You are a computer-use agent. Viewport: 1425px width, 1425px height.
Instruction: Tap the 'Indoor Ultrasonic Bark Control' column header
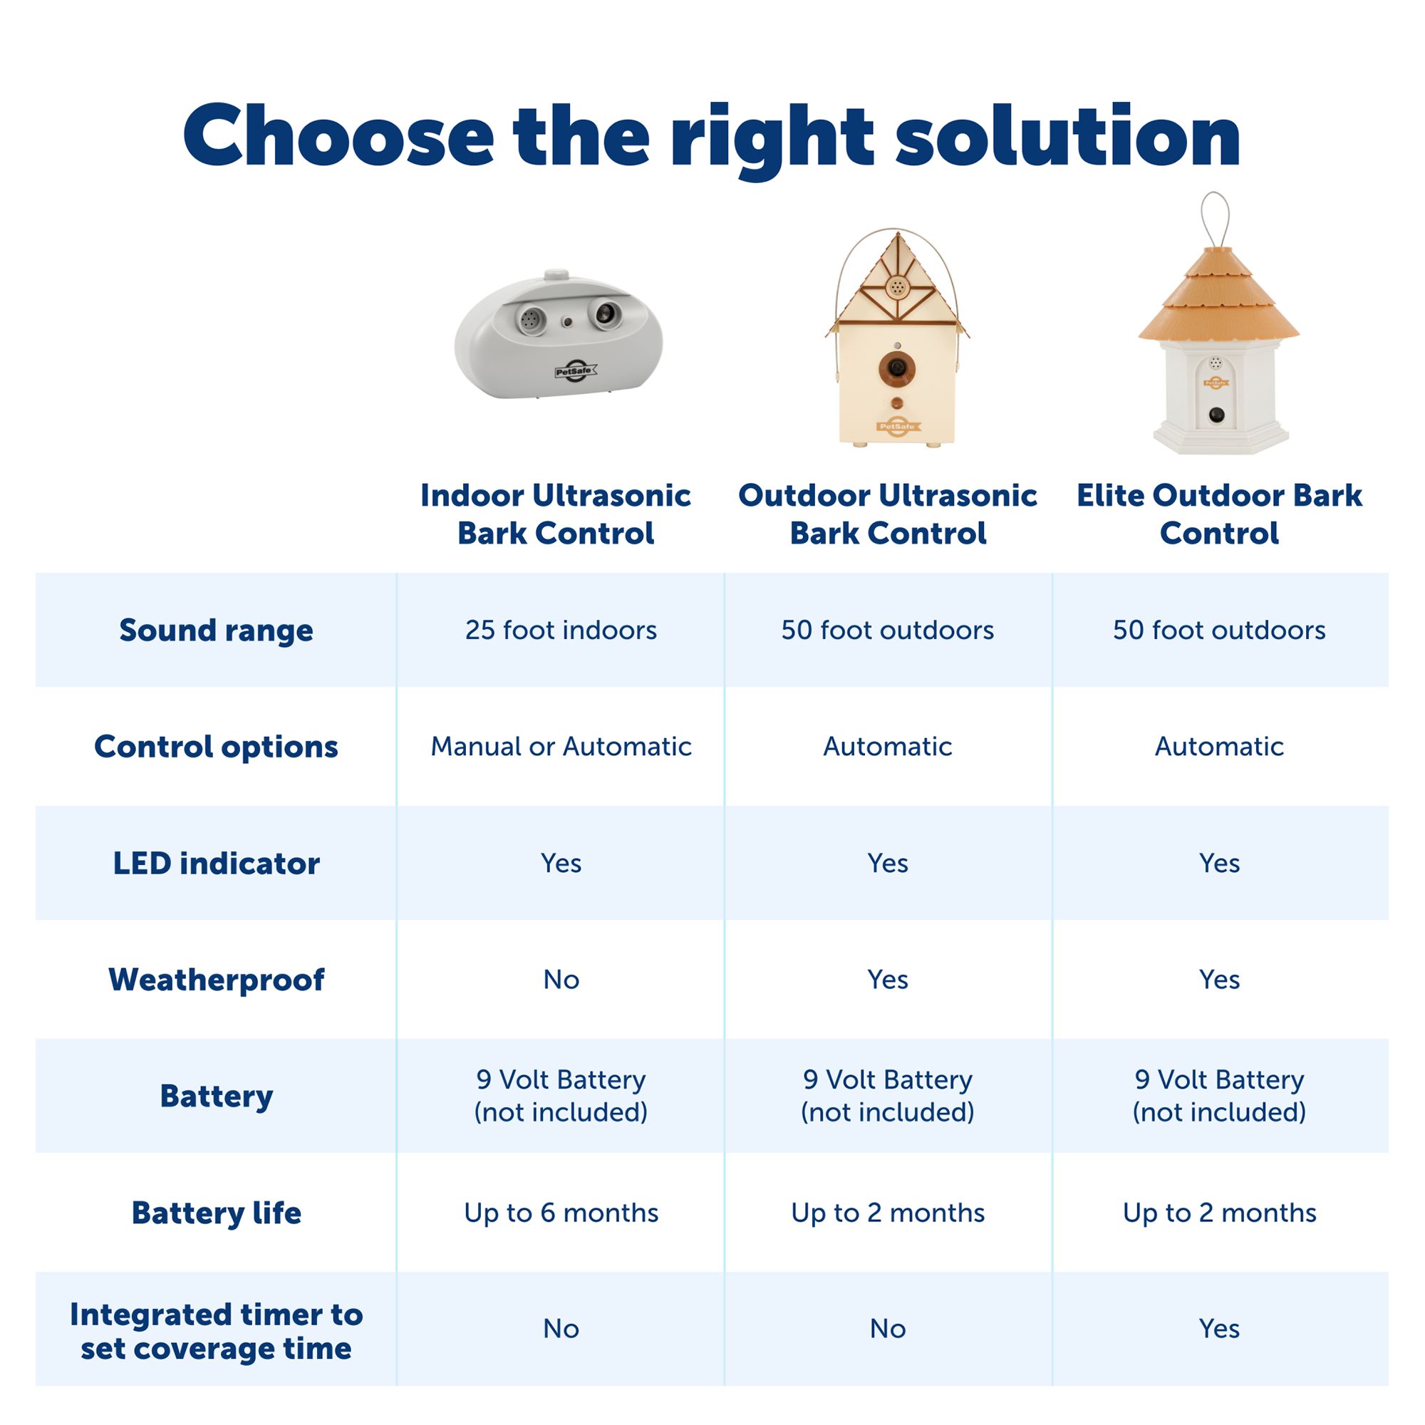pyautogui.click(x=556, y=514)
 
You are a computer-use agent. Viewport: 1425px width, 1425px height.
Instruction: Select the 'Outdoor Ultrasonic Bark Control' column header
pyautogui.click(x=887, y=514)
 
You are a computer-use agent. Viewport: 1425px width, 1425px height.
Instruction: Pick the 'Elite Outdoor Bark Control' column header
pyautogui.click(x=1219, y=514)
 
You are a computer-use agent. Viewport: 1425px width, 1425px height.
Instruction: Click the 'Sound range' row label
pyautogui.click(x=216, y=631)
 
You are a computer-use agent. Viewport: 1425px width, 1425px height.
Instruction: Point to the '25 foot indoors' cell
pyautogui.click(x=561, y=630)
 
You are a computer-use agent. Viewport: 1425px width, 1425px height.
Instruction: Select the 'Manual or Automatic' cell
pyautogui.click(x=561, y=747)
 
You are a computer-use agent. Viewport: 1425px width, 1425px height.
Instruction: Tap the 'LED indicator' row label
pyautogui.click(x=216, y=863)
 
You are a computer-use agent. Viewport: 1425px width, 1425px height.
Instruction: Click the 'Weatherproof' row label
pyautogui.click(x=216, y=980)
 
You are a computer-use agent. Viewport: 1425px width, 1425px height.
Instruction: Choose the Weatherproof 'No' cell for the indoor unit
pyautogui.click(x=561, y=980)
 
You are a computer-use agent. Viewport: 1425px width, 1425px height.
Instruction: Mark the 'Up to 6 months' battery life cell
pyautogui.click(x=561, y=1213)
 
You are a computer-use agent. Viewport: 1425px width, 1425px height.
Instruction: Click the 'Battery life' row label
pyautogui.click(x=216, y=1213)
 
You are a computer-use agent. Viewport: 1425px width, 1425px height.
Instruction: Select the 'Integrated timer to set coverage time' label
pyautogui.click(x=216, y=1332)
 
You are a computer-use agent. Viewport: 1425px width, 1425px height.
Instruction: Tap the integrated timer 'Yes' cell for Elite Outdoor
pyautogui.click(x=1219, y=1328)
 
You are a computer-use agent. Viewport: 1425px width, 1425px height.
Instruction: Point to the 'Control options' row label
pyautogui.click(x=216, y=747)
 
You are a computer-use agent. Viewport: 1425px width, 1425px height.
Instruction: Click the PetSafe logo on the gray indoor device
pyautogui.click(x=575, y=372)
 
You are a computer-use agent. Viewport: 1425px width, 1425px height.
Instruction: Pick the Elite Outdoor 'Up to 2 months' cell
pyautogui.click(x=1219, y=1213)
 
